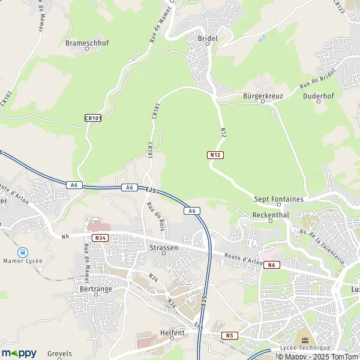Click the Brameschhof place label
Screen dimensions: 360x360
(x=87, y=43)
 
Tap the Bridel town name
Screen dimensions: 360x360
(x=207, y=38)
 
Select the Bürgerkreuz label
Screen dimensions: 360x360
(x=262, y=95)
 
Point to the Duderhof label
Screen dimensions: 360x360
(x=318, y=95)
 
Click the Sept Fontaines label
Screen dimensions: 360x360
(x=278, y=199)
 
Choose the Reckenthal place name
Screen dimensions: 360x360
(x=271, y=214)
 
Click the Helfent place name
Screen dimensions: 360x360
(x=173, y=332)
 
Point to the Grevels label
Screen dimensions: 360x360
(x=59, y=353)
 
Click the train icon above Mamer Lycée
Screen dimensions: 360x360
(x=23, y=253)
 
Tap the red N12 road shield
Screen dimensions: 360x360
(x=216, y=155)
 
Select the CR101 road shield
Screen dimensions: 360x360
(x=93, y=118)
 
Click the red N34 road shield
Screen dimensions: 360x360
(x=100, y=238)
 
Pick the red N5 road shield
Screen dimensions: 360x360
(x=229, y=335)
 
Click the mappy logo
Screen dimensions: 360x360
(x=19, y=353)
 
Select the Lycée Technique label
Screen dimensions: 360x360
(x=306, y=348)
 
